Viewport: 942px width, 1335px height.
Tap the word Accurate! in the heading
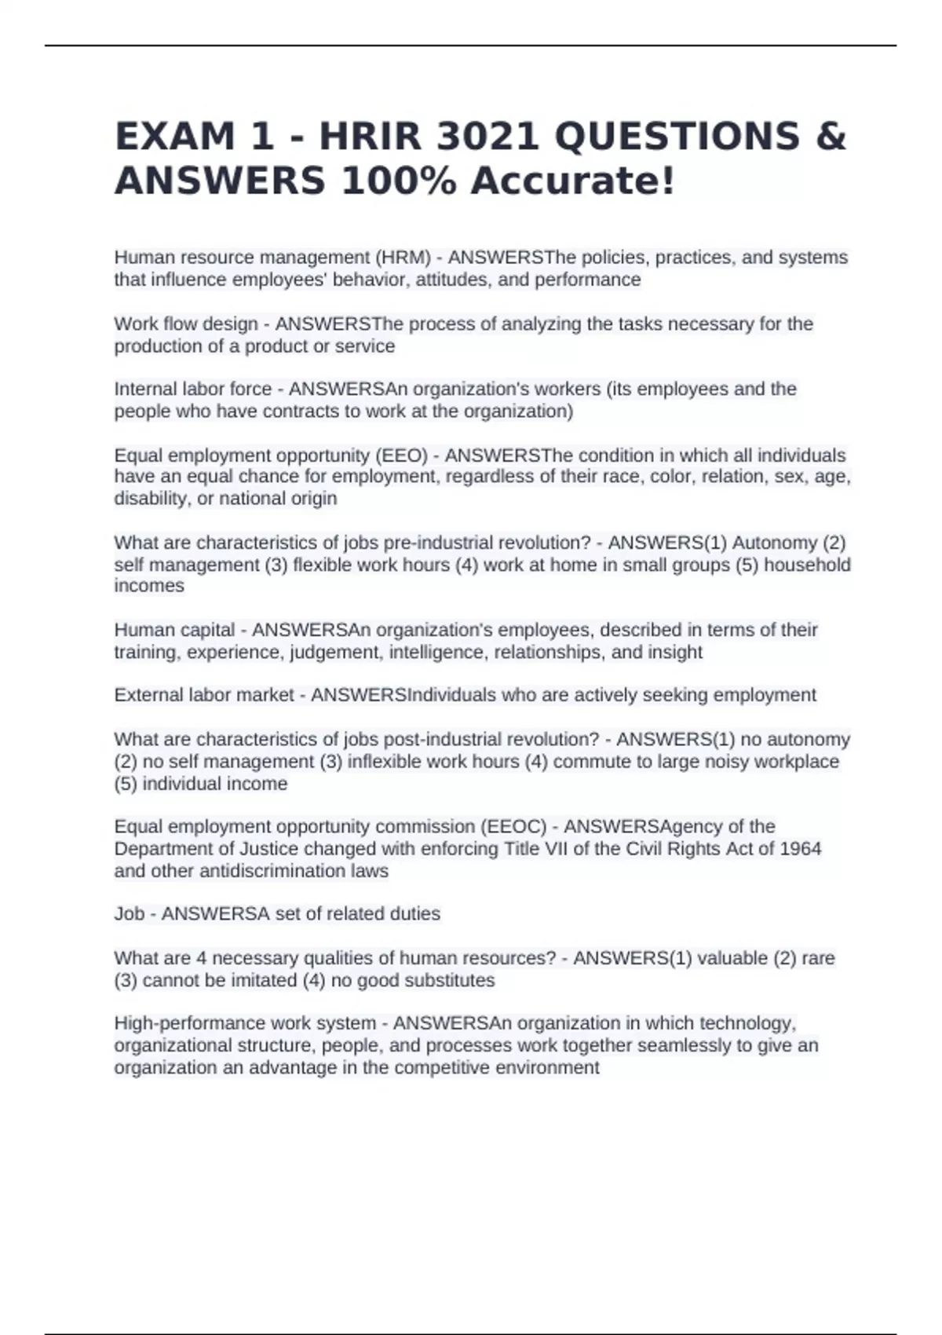[572, 181]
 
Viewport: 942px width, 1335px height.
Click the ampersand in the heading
[831, 137]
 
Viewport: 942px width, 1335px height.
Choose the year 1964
[800, 849]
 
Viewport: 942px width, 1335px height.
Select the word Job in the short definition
[130, 914]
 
